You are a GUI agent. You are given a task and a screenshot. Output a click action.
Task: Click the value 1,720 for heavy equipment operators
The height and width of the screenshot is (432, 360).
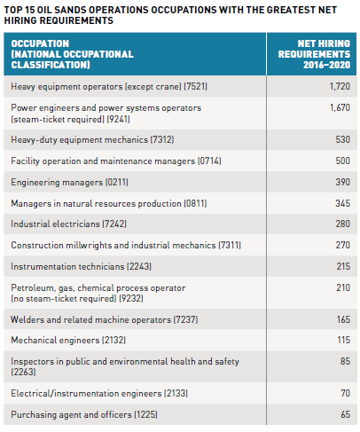[x=340, y=86]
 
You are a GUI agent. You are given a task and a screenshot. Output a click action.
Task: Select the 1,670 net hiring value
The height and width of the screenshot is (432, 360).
[x=340, y=107]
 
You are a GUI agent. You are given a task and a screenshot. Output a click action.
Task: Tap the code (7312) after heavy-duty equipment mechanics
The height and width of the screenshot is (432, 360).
[x=162, y=139]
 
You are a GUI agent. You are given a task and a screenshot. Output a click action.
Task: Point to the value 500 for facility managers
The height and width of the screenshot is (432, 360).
[x=343, y=161]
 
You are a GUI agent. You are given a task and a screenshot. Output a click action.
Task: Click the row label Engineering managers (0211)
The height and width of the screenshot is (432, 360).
[x=70, y=182]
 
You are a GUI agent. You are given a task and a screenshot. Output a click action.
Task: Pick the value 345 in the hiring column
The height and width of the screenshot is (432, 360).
[x=343, y=203]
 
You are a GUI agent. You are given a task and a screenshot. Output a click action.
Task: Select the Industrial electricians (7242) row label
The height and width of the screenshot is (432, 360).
[x=69, y=224]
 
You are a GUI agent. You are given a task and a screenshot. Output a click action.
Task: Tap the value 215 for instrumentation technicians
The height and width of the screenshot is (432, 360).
[x=343, y=266]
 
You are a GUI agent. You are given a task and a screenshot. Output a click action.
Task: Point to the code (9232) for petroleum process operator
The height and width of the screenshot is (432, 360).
[x=131, y=298]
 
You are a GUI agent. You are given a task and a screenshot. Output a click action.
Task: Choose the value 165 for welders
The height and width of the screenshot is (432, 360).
[x=343, y=319]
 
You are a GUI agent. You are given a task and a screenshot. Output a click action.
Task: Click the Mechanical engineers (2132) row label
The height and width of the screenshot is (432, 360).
[x=68, y=340]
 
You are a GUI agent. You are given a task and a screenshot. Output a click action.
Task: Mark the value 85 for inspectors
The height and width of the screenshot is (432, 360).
[x=345, y=361]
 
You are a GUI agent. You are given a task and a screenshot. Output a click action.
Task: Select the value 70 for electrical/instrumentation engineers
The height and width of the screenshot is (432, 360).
[x=346, y=393]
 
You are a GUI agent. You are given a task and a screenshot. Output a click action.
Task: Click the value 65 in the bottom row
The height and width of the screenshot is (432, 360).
[x=346, y=414]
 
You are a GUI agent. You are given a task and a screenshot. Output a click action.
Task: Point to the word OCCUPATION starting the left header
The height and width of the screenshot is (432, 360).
[x=40, y=43]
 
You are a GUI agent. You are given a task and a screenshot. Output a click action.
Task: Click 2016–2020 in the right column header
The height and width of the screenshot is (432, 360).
[x=327, y=65]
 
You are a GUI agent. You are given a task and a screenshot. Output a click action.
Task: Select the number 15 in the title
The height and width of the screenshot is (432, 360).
[x=30, y=10]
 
